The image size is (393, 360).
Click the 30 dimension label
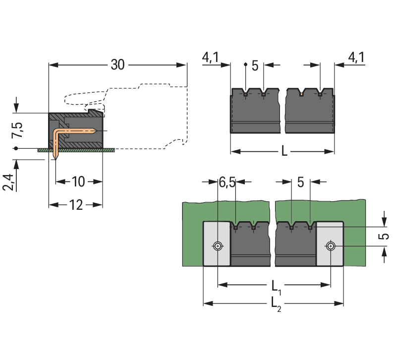(x=117, y=65)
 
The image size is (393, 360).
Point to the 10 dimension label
(x=78, y=181)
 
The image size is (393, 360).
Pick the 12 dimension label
(x=76, y=204)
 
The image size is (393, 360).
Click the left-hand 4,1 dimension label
(x=211, y=58)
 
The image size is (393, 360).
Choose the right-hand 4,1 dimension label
(x=356, y=58)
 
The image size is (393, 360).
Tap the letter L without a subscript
(x=284, y=152)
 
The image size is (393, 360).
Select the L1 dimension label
(x=276, y=286)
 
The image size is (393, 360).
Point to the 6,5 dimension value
(x=227, y=182)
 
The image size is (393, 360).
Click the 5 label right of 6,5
(x=300, y=182)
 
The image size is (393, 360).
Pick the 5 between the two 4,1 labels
(x=255, y=65)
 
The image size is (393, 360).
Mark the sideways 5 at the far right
(x=384, y=237)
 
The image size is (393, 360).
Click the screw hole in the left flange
(x=218, y=245)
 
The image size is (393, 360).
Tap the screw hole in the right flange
(x=331, y=245)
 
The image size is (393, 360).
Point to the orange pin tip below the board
(x=56, y=156)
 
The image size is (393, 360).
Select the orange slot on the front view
(x=302, y=93)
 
